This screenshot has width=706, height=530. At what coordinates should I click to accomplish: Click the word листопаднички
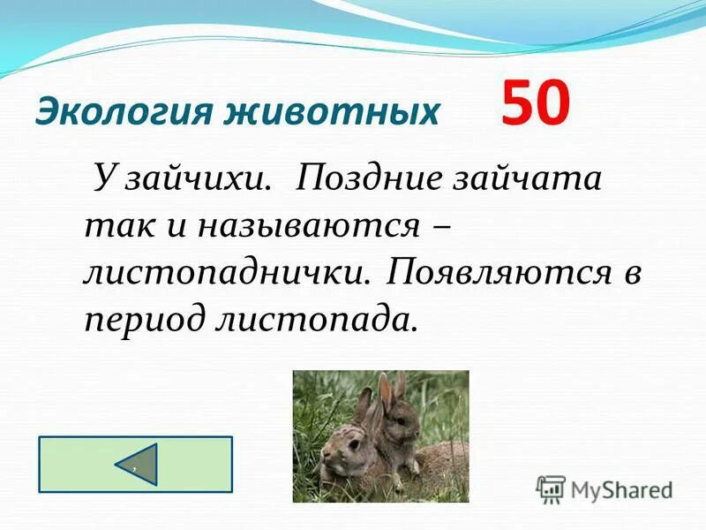click(226, 271)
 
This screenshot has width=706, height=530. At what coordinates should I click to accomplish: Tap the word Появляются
click(499, 271)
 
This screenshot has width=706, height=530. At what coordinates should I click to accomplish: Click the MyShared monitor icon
click(552, 488)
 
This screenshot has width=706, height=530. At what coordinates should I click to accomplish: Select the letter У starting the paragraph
click(103, 180)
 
